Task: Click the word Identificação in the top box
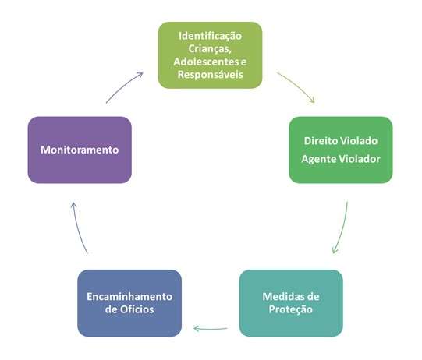210,37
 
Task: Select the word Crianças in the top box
209,49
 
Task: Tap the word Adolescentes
206,62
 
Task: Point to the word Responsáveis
210,75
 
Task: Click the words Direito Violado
341,141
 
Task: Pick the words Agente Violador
341,159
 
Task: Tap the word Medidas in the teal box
281,297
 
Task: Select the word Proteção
291,309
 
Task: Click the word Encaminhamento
129,297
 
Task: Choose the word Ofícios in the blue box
137,309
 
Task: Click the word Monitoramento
80,150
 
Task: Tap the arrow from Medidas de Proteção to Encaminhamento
211,329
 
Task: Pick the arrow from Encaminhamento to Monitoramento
78,228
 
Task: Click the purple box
80,150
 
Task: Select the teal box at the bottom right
291,303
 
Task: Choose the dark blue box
129,303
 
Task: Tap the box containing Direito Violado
341,150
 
